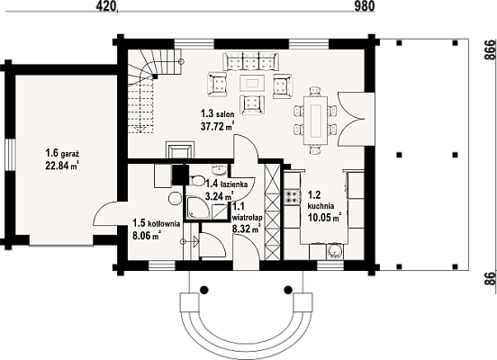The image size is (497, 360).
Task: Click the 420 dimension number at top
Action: point(104,6)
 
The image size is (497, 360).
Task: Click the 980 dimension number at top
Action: point(364,6)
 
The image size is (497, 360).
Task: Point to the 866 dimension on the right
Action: point(490,49)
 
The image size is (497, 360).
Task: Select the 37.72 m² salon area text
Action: point(218,126)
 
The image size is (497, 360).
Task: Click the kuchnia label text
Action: point(321,206)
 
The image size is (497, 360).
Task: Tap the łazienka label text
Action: point(234,184)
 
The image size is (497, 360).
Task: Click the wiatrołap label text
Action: point(248,218)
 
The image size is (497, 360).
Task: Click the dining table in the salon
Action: point(315,120)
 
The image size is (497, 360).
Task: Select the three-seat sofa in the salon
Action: point(250,61)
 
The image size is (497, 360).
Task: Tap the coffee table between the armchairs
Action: point(252,83)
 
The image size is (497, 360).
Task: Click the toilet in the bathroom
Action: point(196,180)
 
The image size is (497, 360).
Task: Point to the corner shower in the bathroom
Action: point(197,208)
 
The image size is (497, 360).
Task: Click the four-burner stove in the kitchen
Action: point(293,196)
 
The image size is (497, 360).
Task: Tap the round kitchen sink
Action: point(334,252)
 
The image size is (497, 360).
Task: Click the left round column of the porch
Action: point(204,289)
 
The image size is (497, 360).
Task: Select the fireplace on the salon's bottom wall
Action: point(180,149)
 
